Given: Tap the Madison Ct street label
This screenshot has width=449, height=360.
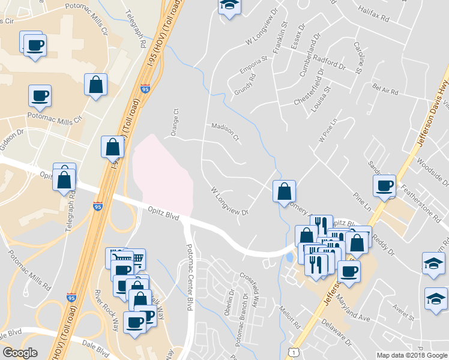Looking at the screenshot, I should pyautogui.click(x=225, y=131).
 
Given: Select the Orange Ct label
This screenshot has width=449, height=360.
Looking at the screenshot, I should pyautogui.click(x=175, y=122).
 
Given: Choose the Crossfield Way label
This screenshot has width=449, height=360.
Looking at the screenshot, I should pyautogui.click(x=251, y=287).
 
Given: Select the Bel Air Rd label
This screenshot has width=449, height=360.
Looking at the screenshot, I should pyautogui.click(x=385, y=91).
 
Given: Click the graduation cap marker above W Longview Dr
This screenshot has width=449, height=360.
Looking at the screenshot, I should pyautogui.click(x=228, y=7).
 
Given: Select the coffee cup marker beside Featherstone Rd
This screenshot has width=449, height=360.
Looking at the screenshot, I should pyautogui.click(x=384, y=185).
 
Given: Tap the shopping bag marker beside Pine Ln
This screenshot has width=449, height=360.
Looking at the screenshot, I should pyautogui.click(x=285, y=191).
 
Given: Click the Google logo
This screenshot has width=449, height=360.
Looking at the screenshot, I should pyautogui.click(x=20, y=353).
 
